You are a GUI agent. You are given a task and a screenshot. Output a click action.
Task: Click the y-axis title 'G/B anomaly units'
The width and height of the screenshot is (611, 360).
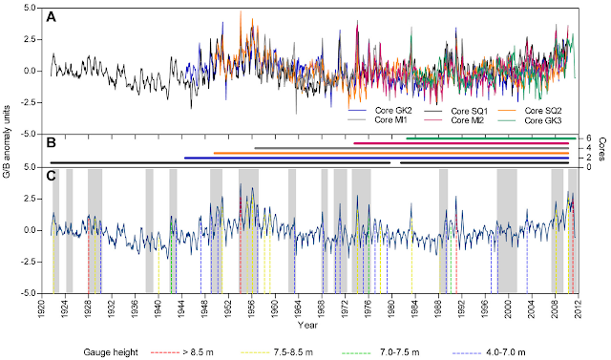(x=11, y=153)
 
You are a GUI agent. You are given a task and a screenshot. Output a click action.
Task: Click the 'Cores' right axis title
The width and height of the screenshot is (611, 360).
(x=603, y=152)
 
